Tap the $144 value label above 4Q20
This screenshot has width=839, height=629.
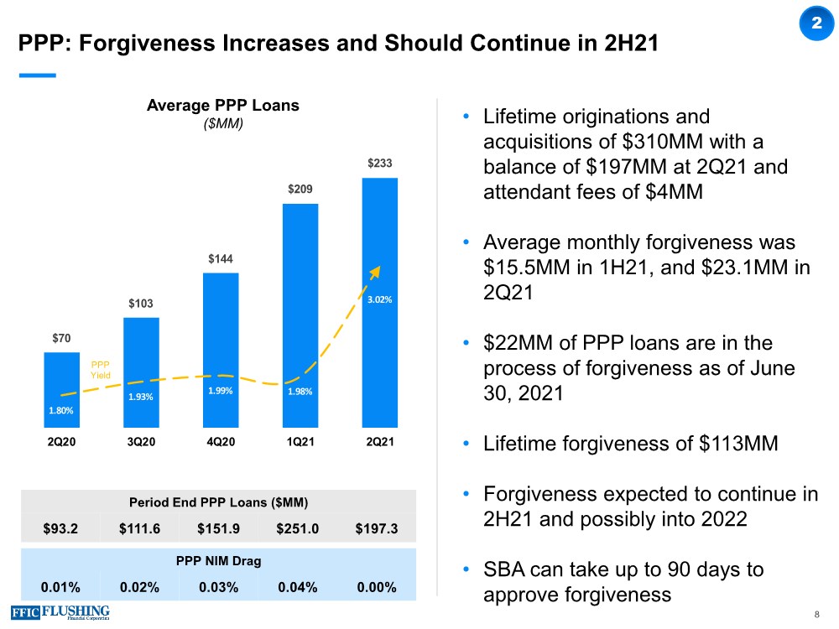(221, 260)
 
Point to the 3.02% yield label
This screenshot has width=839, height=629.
(379, 299)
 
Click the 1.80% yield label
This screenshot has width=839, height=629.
(61, 411)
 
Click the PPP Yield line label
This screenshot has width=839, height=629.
(101, 370)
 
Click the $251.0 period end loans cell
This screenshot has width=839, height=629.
(297, 528)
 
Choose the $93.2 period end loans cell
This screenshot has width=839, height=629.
(61, 528)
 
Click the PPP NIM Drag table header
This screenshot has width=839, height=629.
(218, 561)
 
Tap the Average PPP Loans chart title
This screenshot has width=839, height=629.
(223, 106)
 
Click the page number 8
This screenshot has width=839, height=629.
(816, 616)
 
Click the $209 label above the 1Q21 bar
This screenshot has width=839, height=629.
(300, 190)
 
